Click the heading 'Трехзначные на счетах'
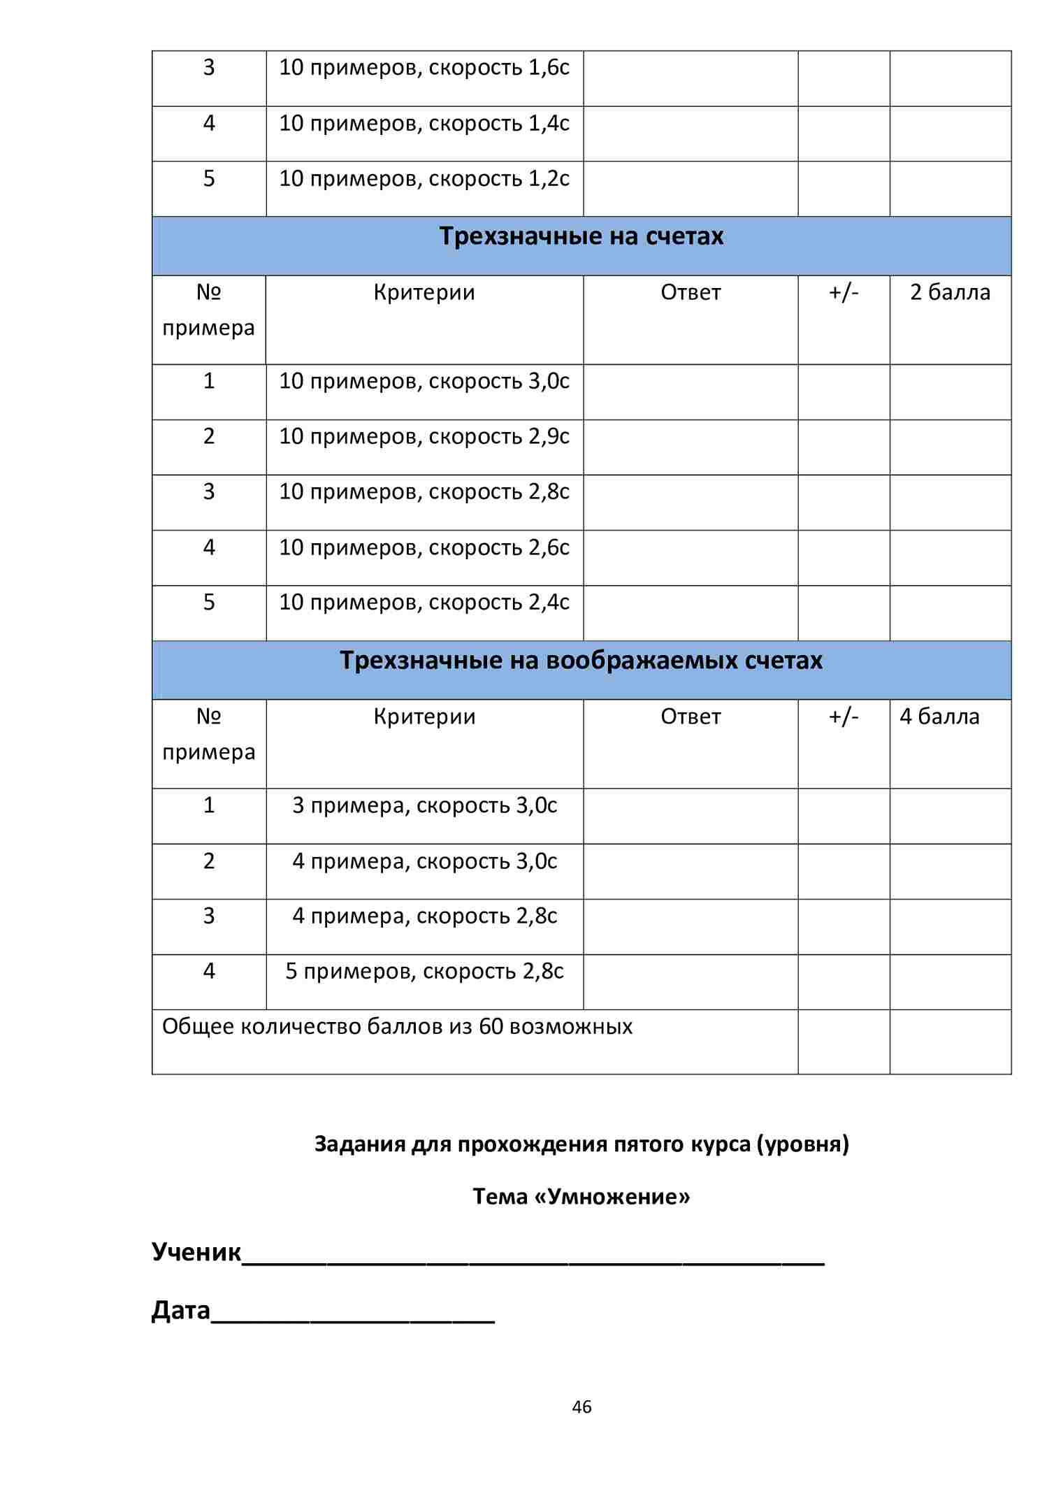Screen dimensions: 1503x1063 (x=581, y=236)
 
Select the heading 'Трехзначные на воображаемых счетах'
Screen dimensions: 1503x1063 (x=581, y=661)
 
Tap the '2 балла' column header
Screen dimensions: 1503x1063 (x=950, y=292)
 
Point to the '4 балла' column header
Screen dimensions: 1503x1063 (x=939, y=717)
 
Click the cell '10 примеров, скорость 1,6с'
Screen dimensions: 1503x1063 (x=424, y=68)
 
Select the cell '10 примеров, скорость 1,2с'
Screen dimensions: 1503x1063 (x=424, y=179)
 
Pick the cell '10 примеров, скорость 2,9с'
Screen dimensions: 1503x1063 (x=424, y=437)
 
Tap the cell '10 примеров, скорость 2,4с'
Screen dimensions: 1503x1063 (x=424, y=603)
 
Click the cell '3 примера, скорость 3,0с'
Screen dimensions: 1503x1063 (x=424, y=806)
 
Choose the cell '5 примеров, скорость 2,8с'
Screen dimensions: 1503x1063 (x=424, y=972)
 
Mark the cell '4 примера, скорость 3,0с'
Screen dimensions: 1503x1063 (x=424, y=861)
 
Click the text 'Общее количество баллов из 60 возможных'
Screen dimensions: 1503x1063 (x=397, y=1027)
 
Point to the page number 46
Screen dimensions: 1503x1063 (x=581, y=1407)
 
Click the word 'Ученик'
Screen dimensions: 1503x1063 (x=196, y=1252)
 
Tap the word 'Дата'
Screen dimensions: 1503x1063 (x=180, y=1310)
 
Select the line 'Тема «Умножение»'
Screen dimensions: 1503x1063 (x=581, y=1197)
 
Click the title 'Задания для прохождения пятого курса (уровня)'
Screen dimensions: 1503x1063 (x=581, y=1144)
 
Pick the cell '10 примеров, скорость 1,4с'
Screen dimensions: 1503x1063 (x=424, y=124)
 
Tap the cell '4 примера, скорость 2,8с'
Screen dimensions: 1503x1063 (x=424, y=916)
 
